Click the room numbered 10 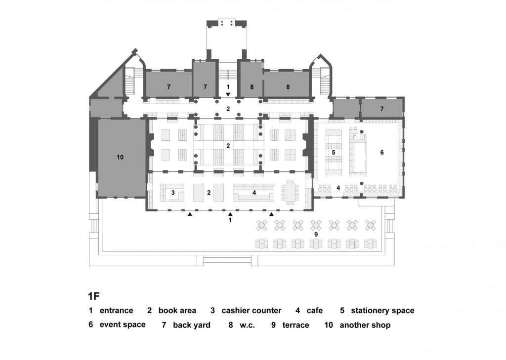pos(120,158)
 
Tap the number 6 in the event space pos(382,152)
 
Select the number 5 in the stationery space pos(334,152)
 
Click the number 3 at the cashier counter pos(173,193)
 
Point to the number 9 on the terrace pos(316,235)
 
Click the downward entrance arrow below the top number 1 pos(228,94)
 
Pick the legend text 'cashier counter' pos(252,311)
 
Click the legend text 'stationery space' pos(383,311)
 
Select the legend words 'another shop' pos(365,325)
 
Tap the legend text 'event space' pos(123,324)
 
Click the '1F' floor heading pos(93,296)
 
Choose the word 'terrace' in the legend pos(295,325)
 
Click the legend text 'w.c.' pos(247,325)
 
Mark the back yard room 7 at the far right pos(382,108)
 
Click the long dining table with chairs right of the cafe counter pos(290,192)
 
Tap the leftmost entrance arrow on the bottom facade pos(190,214)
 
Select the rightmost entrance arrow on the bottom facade pos(271,214)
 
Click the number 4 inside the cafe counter pos(254,193)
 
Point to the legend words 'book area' pos(177,311)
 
